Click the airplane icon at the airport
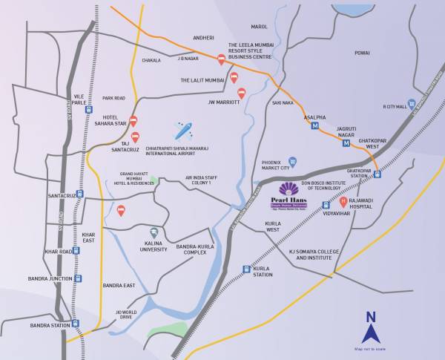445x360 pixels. point(182,131)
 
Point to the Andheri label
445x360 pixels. point(203,38)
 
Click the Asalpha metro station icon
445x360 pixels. point(314,126)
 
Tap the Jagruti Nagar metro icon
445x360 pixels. point(346,143)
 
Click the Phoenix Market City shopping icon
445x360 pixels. point(292,161)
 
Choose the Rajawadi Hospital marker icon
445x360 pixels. point(343,201)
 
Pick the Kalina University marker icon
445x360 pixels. point(154,232)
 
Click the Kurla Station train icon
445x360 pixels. point(246,269)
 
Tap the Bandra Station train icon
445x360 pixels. point(76,324)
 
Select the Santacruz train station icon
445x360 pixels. point(80,194)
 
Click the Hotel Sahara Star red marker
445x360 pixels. point(133,120)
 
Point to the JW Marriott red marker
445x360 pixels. point(241,93)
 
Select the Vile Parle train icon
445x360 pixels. point(89,109)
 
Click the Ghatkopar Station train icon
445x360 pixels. point(377,174)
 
